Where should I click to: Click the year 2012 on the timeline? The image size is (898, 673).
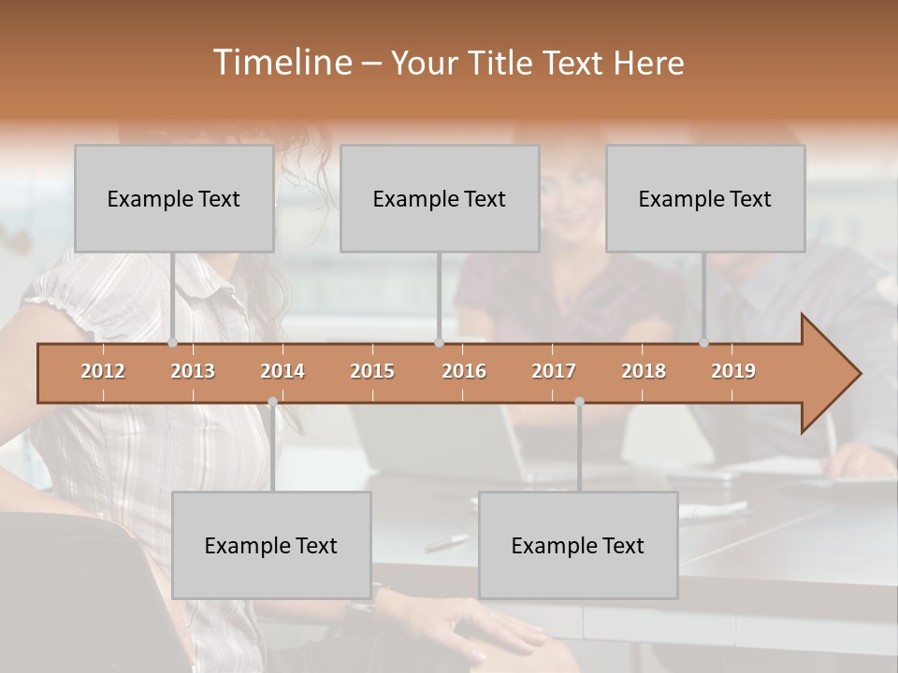[103, 371]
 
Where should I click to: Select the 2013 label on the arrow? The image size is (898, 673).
[193, 371]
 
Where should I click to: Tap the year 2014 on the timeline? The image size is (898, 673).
[282, 371]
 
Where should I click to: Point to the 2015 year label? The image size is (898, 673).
[372, 371]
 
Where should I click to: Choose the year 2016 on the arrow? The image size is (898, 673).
[464, 371]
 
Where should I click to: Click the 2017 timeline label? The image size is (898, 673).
[554, 371]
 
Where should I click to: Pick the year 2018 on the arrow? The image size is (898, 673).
[644, 371]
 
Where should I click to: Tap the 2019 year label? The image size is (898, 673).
[733, 371]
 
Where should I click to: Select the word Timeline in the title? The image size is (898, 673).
[282, 63]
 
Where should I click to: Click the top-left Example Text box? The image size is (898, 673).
[174, 198]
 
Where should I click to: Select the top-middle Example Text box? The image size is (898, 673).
[440, 198]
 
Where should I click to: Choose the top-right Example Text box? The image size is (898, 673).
[705, 198]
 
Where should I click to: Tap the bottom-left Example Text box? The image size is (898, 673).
[271, 545]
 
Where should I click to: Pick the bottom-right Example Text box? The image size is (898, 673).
[578, 545]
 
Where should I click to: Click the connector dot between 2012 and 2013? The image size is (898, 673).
[172, 343]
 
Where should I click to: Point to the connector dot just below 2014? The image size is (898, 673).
[272, 402]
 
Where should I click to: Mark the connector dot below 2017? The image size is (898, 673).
[579, 402]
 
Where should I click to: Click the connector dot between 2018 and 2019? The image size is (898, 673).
[703, 343]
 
